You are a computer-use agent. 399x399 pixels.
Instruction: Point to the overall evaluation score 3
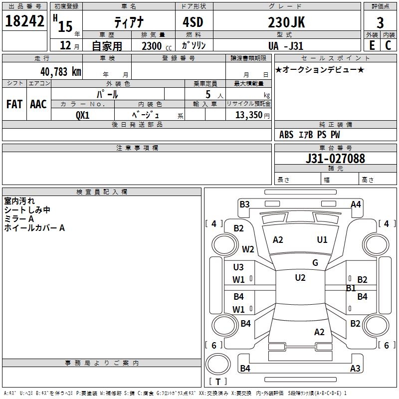pyautogui.click(x=380, y=23)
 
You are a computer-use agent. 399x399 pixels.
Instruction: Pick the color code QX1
pyautogui.click(x=82, y=115)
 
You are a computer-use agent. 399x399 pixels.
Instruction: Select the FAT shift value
pyautogui.click(x=14, y=104)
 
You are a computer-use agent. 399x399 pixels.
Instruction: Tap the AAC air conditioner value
pyautogui.click(x=38, y=104)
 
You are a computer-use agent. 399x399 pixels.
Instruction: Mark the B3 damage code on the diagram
pyautogui.click(x=244, y=204)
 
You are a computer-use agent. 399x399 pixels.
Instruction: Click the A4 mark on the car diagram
pyautogui.click(x=356, y=204)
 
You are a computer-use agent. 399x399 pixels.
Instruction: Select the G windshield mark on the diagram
pyautogui.click(x=315, y=263)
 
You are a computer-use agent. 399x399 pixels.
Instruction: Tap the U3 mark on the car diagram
pyautogui.click(x=238, y=268)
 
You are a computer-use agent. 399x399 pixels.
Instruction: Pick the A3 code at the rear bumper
pyautogui.click(x=355, y=369)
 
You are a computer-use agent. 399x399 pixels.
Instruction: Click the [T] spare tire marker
pyautogui.click(x=218, y=382)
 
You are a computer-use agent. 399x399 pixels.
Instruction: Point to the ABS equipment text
pyautogui.click(x=286, y=135)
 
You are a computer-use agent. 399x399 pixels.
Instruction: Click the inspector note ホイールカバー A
pyautogui.click(x=34, y=228)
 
